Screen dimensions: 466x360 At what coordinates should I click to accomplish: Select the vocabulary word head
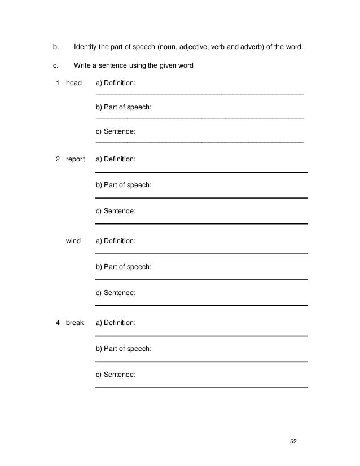[x=74, y=83]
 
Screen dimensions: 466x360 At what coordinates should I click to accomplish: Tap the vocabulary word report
[x=76, y=160]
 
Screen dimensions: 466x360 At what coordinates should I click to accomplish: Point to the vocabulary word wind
[x=73, y=241]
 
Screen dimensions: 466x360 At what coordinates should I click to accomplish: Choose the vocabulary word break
[x=74, y=323]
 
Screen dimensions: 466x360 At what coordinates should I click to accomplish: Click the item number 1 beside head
[x=58, y=83]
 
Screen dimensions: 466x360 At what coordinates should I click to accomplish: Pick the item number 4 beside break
[x=58, y=323]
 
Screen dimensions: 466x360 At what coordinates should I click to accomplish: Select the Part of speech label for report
[x=124, y=185]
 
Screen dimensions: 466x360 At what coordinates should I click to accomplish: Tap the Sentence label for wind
[x=116, y=293]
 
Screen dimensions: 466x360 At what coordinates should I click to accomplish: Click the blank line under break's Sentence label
[x=201, y=388]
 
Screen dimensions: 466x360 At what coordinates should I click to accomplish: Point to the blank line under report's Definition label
[x=201, y=172]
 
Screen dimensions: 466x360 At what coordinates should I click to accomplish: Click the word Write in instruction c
[x=82, y=65]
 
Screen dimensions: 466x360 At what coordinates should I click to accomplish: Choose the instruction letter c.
[x=47, y=65]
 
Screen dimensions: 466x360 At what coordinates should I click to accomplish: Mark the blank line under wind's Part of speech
[x=201, y=280]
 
